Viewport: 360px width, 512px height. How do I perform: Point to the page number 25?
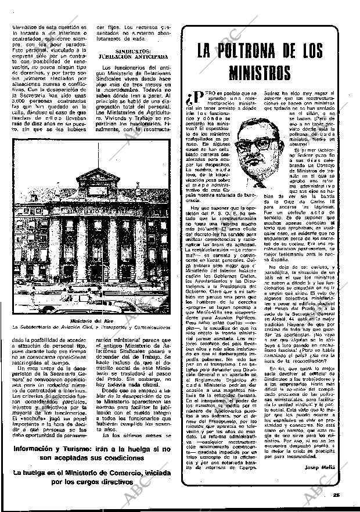(x=336, y=495)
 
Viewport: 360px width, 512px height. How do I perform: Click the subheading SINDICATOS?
(x=130, y=51)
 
